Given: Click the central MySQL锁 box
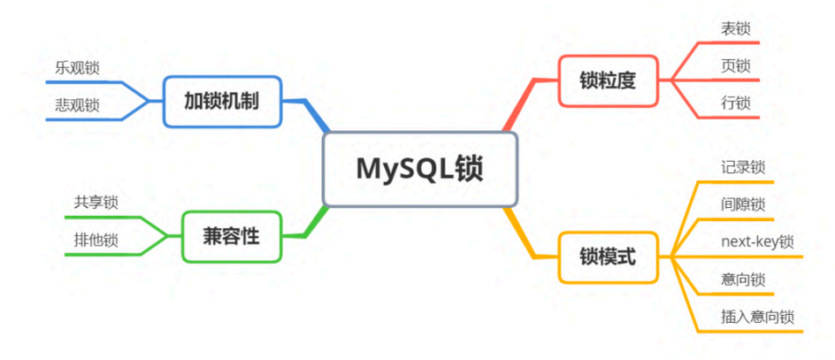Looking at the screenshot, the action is pyautogui.click(x=420, y=169).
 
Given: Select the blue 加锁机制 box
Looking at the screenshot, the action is pyautogui.click(x=222, y=101).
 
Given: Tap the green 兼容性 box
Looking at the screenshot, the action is pyautogui.click(x=232, y=236).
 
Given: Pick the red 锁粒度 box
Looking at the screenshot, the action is pyautogui.click(x=608, y=81).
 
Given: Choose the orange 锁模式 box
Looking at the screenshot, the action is pyautogui.click(x=608, y=257).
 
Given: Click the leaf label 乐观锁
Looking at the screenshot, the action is pyautogui.click(x=77, y=68).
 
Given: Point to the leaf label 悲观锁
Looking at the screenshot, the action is pyautogui.click(x=77, y=105).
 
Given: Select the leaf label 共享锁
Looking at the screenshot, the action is pyautogui.click(x=96, y=203).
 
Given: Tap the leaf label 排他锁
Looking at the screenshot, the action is pyautogui.click(x=96, y=240).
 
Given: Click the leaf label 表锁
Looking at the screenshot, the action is pyautogui.click(x=735, y=29).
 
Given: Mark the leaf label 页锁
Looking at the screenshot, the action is pyautogui.click(x=735, y=66).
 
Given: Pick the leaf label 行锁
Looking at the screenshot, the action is pyautogui.click(x=735, y=103).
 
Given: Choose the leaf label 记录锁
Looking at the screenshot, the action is pyautogui.click(x=743, y=167).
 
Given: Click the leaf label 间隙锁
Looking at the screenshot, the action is pyautogui.click(x=743, y=204).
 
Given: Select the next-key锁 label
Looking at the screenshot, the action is pyautogui.click(x=757, y=241).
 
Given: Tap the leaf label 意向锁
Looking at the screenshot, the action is pyautogui.click(x=743, y=279).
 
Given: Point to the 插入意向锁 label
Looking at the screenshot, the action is pyautogui.click(x=757, y=317).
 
